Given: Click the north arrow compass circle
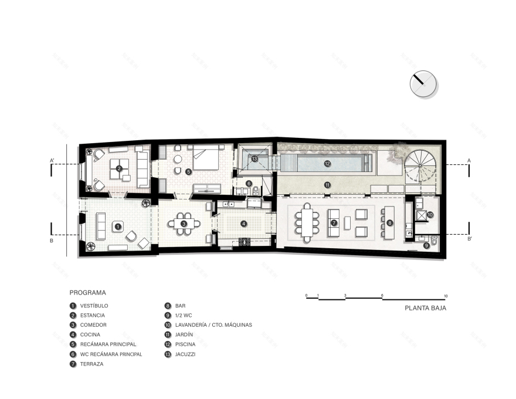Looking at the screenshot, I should click(423, 84).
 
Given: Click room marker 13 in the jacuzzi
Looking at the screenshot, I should click(254, 158).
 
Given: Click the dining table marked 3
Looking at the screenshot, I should click(184, 224).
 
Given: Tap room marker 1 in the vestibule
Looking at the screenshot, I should click(118, 225).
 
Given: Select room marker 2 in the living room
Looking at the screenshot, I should click(119, 168).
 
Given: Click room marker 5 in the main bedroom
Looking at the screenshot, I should click(188, 172).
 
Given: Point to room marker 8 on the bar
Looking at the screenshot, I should click(390, 223).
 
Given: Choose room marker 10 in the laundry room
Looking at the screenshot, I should click(430, 215).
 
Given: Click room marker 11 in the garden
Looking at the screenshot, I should click(328, 185).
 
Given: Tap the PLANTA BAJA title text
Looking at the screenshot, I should click(425, 307).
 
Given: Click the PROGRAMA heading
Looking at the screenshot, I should click(87, 292).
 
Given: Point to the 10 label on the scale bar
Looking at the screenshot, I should click(446, 295).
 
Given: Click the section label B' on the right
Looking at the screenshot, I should click(469, 239).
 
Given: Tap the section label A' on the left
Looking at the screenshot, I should click(52, 160).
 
